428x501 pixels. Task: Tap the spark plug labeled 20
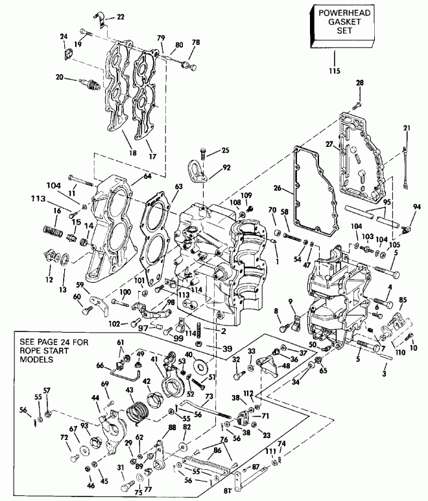[x=88, y=83]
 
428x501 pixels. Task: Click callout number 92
[x=226, y=167]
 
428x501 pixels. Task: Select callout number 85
[x=403, y=300]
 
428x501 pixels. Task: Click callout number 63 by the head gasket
[x=179, y=186]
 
